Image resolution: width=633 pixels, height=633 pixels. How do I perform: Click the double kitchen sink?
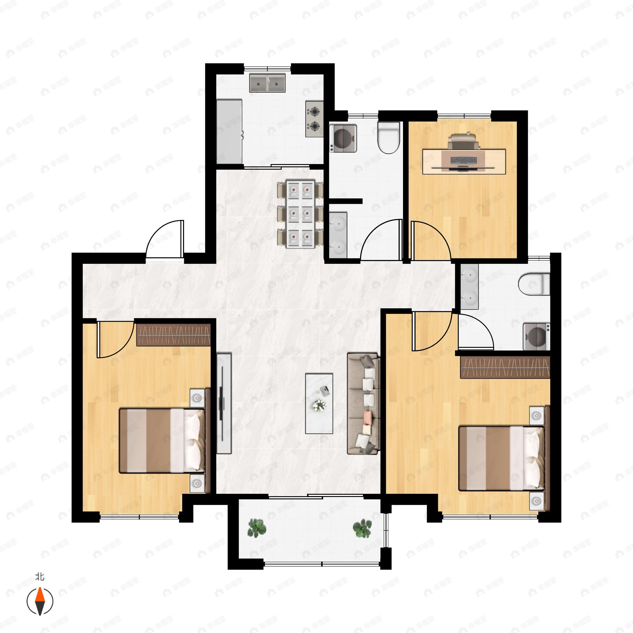click(267, 83)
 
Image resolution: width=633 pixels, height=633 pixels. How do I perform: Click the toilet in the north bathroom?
click(389, 138)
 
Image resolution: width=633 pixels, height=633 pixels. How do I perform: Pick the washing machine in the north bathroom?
click(343, 138)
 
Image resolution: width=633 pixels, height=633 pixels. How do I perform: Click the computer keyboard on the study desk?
click(464, 160)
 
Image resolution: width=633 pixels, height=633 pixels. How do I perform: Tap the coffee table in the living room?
click(319, 404)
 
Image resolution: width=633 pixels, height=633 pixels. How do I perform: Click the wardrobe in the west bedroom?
click(173, 334)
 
